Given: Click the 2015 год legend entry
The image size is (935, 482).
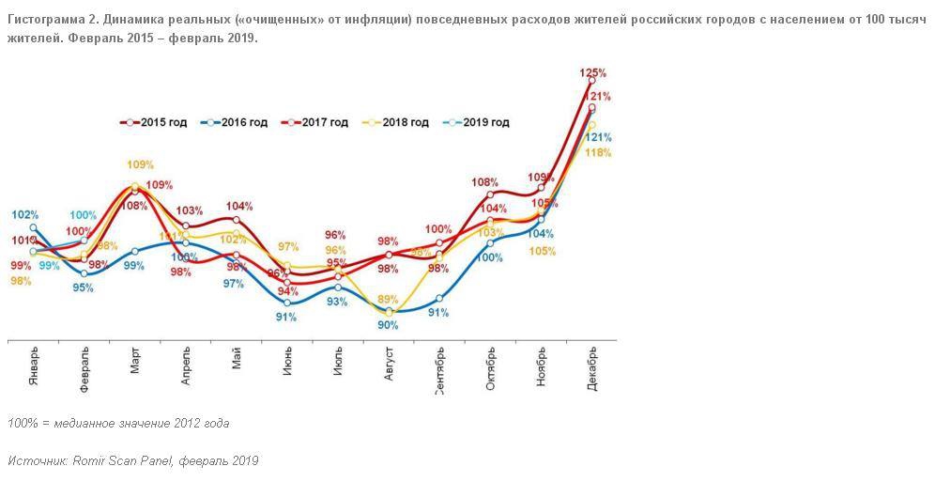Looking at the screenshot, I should (x=159, y=122).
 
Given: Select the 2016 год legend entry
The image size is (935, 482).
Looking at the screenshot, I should (x=239, y=122).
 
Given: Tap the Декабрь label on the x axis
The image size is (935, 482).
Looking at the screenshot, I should (x=592, y=366).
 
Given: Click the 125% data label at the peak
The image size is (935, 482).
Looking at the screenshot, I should (x=592, y=72).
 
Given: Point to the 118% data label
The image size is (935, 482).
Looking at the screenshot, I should (x=597, y=153).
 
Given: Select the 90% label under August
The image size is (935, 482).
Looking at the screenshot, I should (x=388, y=325).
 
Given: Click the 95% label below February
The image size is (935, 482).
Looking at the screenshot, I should (x=84, y=288).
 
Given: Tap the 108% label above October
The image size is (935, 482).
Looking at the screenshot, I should (x=484, y=182).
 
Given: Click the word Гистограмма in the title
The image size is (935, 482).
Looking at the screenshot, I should (x=45, y=20).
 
